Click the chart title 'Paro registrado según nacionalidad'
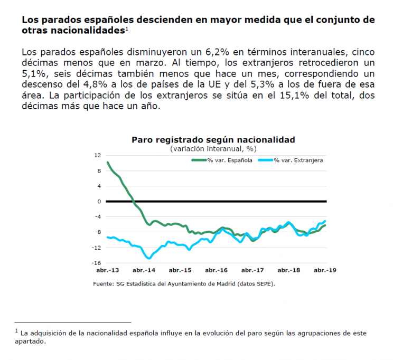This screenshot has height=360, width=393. tap(213, 140)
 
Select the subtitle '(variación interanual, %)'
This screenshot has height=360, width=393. tap(213, 149)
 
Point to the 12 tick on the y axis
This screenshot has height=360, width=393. tap(97, 155)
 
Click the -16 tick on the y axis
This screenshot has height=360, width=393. tap(96, 263)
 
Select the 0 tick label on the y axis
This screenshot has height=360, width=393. tap(99, 202)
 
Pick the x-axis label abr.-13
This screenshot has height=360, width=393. tap(108, 270)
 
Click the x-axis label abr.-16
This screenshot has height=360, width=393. tap(216, 270)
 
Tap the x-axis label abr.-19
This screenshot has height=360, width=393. tap(325, 270)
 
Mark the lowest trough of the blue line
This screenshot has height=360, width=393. tap(149, 258)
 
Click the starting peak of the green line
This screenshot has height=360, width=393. tap(108, 162)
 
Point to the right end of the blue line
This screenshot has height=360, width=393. tap(325, 221)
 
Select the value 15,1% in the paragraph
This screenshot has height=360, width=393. tap(294, 96)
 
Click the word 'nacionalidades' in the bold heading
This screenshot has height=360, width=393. tap(88, 30)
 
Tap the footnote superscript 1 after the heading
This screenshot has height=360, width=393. tap(127, 29)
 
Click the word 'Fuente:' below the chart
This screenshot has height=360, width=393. tap(103, 284)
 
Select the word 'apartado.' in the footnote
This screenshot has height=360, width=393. tap(31, 342)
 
